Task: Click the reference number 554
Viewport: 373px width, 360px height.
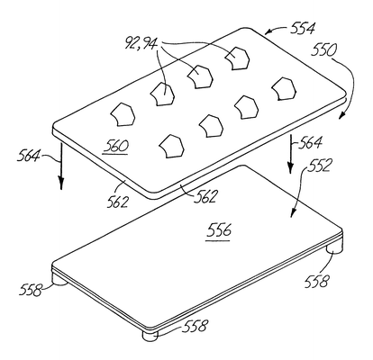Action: [x=303, y=29]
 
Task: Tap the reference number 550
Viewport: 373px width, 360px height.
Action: [x=323, y=50]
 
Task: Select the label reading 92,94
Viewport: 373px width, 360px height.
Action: [x=141, y=43]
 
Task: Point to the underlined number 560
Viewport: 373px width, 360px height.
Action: [x=115, y=147]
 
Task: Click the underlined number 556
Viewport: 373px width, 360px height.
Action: [x=219, y=231]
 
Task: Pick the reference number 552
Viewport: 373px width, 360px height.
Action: [x=319, y=166]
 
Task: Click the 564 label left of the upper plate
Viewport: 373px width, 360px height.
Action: [x=28, y=157]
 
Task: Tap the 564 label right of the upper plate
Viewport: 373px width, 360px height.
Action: [x=311, y=142]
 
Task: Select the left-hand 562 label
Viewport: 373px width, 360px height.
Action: [x=117, y=202]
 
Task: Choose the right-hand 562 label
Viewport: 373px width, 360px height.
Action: [x=205, y=197]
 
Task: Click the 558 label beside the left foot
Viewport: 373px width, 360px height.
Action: [x=31, y=290]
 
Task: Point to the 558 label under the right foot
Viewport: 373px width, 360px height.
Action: [x=317, y=282]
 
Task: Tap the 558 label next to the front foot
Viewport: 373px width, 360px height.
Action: [x=196, y=326]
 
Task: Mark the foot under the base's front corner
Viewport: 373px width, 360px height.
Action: [x=150, y=335]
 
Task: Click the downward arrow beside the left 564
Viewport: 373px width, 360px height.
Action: [x=61, y=166]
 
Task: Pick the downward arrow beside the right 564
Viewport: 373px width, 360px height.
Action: [x=290, y=154]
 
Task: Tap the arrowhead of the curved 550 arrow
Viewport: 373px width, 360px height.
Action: [x=343, y=115]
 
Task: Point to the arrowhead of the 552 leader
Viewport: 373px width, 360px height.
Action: [x=293, y=212]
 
